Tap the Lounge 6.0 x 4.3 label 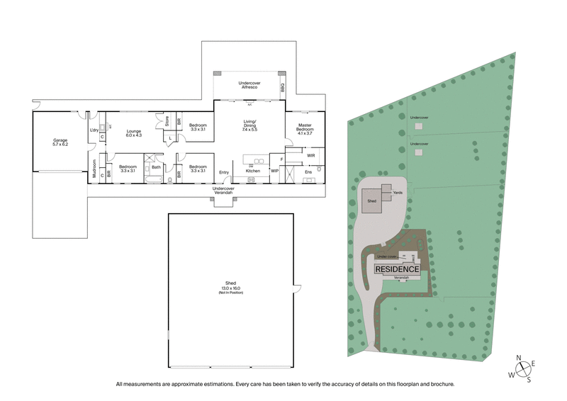coord(134,133)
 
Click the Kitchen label coord(253,171)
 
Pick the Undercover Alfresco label coord(249,84)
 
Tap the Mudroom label coord(95,169)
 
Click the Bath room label coord(156,167)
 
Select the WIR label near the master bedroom coord(310,154)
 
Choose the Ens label coord(308,171)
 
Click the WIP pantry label coord(276,171)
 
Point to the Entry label coord(224,171)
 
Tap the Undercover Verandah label coord(224,191)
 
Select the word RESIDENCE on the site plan coord(397,270)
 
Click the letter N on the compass coord(520,357)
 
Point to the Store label coord(167,122)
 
